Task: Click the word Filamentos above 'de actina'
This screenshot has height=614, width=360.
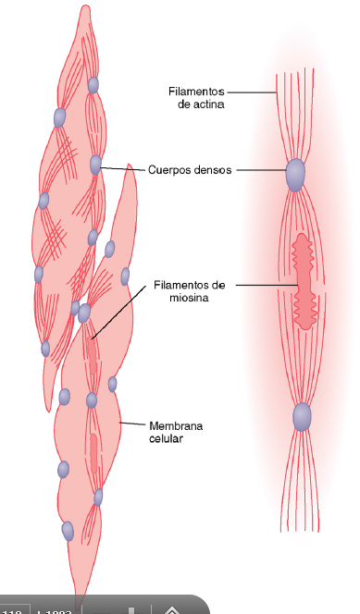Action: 196,92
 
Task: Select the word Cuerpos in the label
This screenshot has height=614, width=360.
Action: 167,170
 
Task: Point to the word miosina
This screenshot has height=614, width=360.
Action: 189,298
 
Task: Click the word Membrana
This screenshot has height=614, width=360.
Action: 176,425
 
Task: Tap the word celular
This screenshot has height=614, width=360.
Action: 166,438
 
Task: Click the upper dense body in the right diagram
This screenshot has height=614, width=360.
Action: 295,175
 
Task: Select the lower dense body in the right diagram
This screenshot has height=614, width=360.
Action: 302,417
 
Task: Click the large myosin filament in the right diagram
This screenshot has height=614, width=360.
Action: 304,281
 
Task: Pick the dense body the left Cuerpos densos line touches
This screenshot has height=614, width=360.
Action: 95,165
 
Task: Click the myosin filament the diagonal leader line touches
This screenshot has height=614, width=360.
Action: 93,356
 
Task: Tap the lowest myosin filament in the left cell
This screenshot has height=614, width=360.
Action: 93,453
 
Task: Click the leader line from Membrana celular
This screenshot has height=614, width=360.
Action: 132,424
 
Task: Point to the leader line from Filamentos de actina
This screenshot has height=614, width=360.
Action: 252,92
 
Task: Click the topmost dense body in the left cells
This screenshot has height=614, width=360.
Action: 93,85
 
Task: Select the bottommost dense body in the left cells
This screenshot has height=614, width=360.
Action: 68,532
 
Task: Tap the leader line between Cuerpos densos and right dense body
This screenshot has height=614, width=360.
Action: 261,170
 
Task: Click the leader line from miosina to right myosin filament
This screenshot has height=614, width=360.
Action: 267,285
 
